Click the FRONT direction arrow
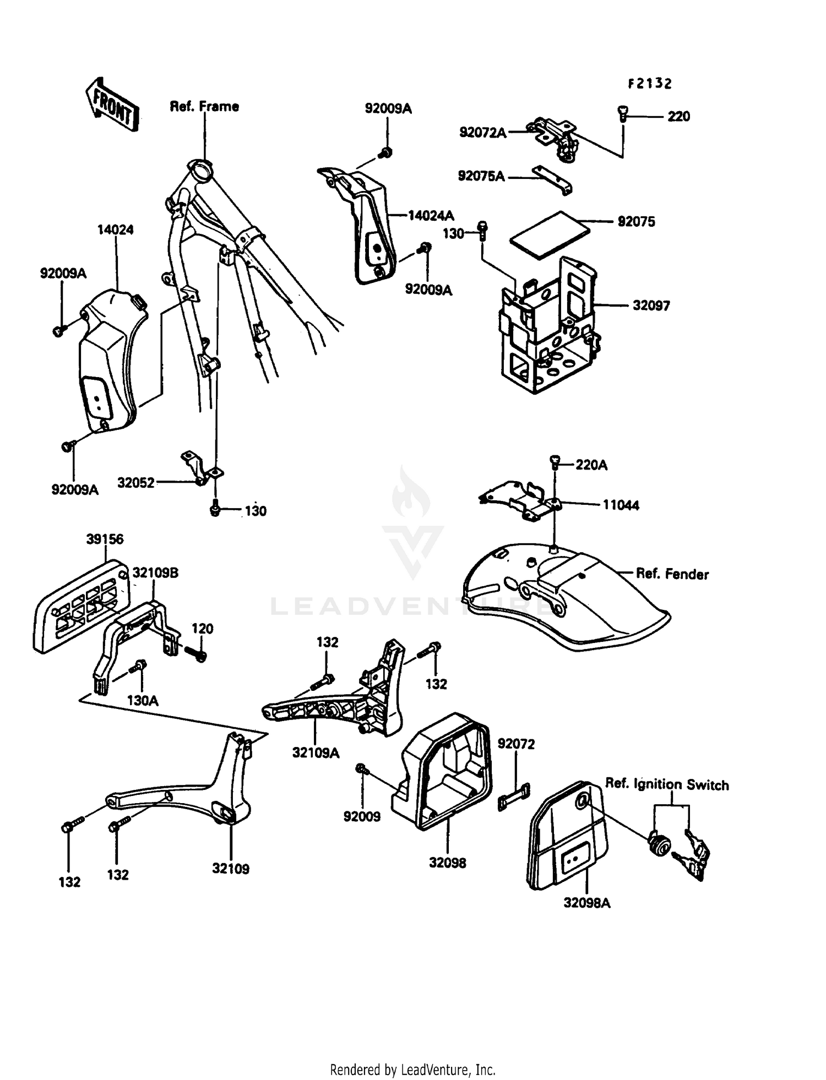112,105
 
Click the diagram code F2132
650,84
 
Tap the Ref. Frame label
204,106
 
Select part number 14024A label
431,215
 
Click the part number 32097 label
651,306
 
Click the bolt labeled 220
623,115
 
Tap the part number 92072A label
482,132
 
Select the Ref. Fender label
672,574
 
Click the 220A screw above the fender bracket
555,463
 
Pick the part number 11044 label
621,505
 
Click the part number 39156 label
105,539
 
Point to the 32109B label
155,573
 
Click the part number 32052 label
135,483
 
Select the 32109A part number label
316,752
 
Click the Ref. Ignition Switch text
667,784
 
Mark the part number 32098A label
586,903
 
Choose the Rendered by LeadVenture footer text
412,1070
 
